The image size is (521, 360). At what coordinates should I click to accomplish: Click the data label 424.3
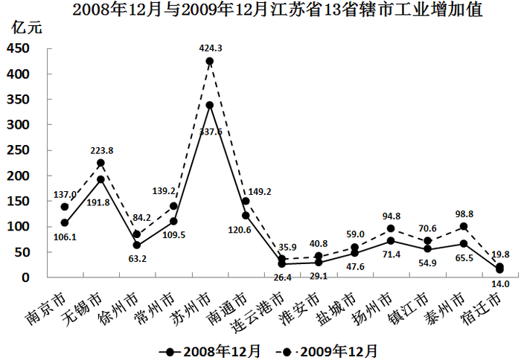point(211,48)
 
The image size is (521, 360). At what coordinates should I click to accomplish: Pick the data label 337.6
point(210,132)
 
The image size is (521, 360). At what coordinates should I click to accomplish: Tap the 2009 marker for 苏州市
point(210,62)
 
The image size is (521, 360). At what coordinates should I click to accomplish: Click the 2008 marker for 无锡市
point(100,179)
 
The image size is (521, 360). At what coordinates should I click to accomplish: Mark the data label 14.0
point(500,285)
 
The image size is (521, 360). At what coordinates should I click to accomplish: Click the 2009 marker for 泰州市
point(463,227)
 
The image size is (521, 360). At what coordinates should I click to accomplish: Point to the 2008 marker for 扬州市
point(391,240)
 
